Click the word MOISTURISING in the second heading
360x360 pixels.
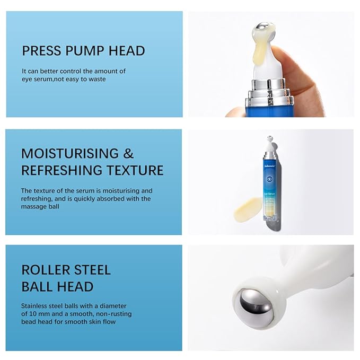(x=69, y=154)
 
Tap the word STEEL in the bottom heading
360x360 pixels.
(x=92, y=269)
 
